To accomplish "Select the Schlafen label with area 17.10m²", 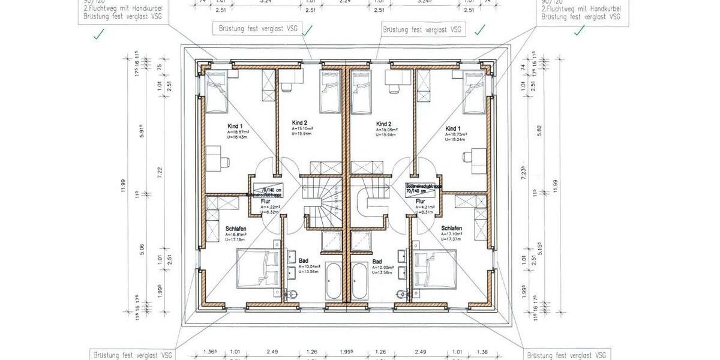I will tap(451, 229).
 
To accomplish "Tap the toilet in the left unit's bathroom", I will tap(293, 293).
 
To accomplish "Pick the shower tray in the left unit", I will tap(332, 241).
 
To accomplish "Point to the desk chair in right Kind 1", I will tap(469, 156).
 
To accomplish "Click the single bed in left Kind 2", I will tap(330, 92).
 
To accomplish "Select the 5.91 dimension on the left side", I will tap(142, 133).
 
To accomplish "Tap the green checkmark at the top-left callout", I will tap(97, 36).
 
